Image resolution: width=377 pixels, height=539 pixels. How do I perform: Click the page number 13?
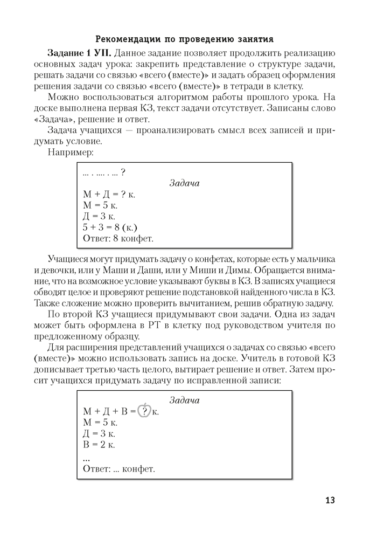(x=330, y=500)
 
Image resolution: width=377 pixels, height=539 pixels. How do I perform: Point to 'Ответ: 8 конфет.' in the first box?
(x=118, y=238)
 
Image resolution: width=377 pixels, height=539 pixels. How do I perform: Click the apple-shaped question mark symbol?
(x=144, y=411)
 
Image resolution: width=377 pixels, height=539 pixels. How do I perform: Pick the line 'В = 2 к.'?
(x=99, y=445)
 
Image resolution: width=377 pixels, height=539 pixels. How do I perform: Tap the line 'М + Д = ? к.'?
(x=109, y=195)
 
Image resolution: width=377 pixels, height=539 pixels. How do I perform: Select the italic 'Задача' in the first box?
(x=184, y=183)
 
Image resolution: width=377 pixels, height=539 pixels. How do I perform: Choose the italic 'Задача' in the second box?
(x=184, y=400)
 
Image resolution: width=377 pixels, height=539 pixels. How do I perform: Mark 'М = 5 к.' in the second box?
(x=100, y=423)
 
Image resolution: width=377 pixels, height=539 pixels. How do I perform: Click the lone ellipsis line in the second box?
(x=87, y=457)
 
